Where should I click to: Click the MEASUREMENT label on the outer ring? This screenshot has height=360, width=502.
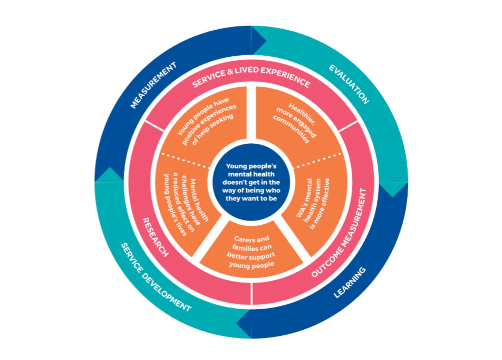(x=154, y=85)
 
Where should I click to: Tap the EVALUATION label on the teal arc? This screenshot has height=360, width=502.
(x=349, y=84)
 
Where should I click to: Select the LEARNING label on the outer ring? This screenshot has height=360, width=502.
(x=350, y=282)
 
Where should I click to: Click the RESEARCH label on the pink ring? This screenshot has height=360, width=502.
(x=155, y=237)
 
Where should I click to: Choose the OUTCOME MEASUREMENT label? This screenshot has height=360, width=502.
(x=340, y=233)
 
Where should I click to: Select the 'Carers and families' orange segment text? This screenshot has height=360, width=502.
(x=251, y=252)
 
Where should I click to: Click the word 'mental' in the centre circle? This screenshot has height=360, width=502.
(x=237, y=174)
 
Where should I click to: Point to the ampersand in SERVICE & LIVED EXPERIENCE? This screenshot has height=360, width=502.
(x=230, y=72)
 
